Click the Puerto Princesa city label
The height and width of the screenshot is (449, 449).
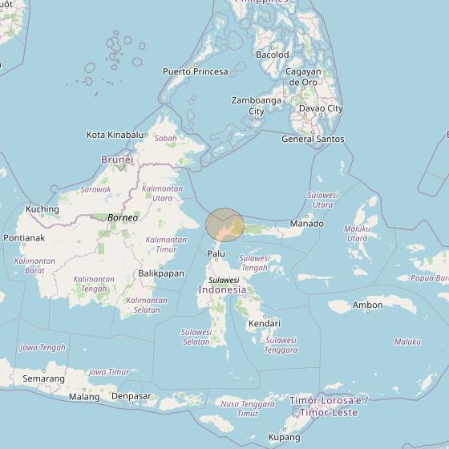click(x=195, y=71)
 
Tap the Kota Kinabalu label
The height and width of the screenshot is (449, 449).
click(x=117, y=135)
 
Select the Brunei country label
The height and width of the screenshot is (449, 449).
click(x=116, y=160)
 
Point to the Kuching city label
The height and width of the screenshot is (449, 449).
click(x=42, y=209)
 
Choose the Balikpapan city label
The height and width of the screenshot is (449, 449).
click(x=160, y=273)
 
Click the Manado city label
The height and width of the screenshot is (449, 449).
click(x=306, y=223)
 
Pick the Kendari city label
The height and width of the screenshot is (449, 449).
click(x=264, y=323)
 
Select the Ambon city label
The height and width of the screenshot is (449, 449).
click(x=367, y=305)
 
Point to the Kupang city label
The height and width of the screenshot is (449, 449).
click(x=284, y=437)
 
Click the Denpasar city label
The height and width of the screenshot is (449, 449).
click(x=131, y=396)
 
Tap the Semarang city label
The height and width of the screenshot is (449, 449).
click(x=43, y=378)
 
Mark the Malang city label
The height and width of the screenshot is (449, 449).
click(x=84, y=396)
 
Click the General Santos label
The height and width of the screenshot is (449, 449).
click(x=313, y=139)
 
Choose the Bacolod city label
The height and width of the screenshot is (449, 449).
click(x=272, y=55)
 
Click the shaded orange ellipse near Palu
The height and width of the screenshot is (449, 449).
click(x=225, y=224)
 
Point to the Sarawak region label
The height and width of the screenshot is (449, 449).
click(x=95, y=189)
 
